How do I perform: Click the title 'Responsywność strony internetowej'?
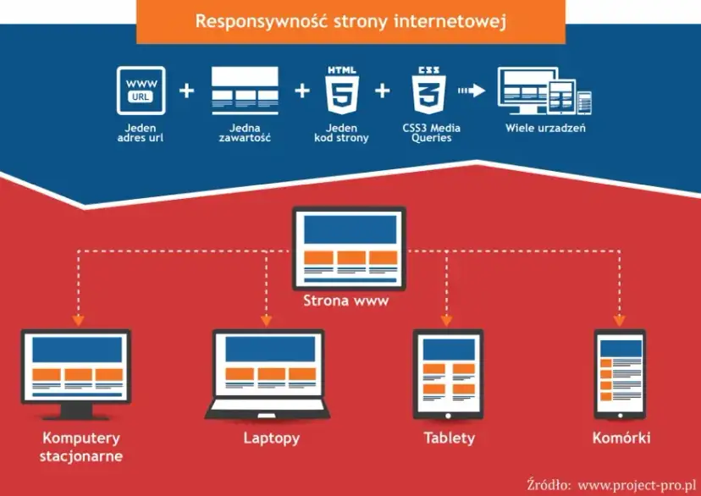click(350, 21)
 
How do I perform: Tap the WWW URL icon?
click(141, 91)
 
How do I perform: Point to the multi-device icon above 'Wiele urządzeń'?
click(544, 91)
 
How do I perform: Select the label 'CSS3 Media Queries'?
click(432, 133)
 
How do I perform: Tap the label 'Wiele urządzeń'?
click(545, 129)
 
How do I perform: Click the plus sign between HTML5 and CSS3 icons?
click(383, 90)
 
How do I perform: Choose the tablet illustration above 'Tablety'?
click(448, 372)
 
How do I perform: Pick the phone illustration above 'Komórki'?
click(620, 372)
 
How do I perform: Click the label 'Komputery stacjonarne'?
click(81, 447)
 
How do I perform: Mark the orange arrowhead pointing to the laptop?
click(266, 321)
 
